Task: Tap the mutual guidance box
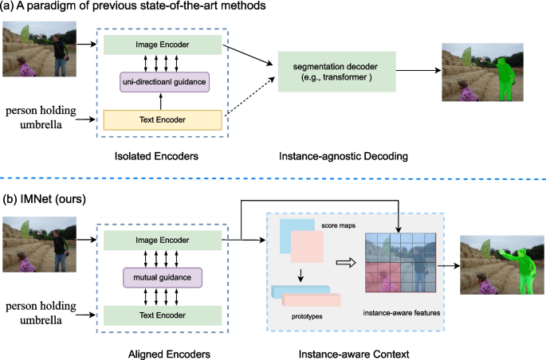point(163,278)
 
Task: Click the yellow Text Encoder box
point(163,119)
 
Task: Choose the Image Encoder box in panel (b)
point(163,240)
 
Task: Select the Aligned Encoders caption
point(162,350)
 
